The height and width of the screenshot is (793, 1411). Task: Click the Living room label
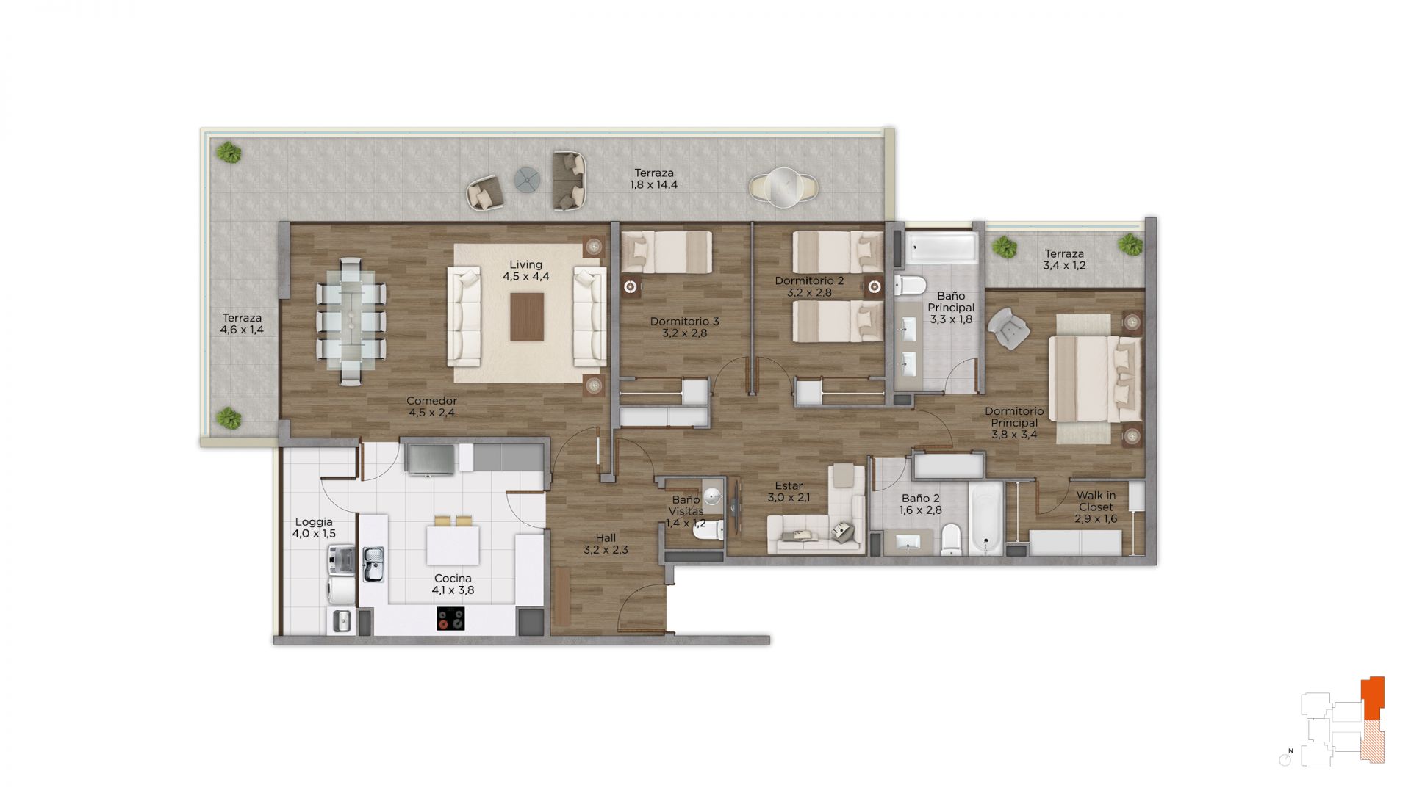[526, 265]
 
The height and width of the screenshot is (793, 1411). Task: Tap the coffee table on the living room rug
[527, 317]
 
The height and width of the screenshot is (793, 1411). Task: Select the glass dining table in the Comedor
[351, 321]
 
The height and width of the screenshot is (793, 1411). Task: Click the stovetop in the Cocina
[450, 619]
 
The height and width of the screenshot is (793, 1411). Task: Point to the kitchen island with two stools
[453, 544]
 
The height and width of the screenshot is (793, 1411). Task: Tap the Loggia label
[314, 522]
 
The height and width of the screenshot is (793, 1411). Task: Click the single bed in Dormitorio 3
[667, 253]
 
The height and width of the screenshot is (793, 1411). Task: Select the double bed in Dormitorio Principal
[1095, 379]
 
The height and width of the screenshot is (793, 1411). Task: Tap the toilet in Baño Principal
[909, 285]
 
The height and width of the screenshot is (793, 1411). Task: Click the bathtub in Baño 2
[985, 518]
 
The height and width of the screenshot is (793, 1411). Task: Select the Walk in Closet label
[1096, 501]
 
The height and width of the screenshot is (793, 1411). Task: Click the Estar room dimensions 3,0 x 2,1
[789, 497]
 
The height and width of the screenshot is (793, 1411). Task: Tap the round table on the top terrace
[783, 187]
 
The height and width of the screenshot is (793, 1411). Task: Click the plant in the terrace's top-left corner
[229, 153]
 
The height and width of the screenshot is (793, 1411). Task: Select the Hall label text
[606, 537]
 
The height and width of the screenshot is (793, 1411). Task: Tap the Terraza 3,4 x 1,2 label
[1064, 260]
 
